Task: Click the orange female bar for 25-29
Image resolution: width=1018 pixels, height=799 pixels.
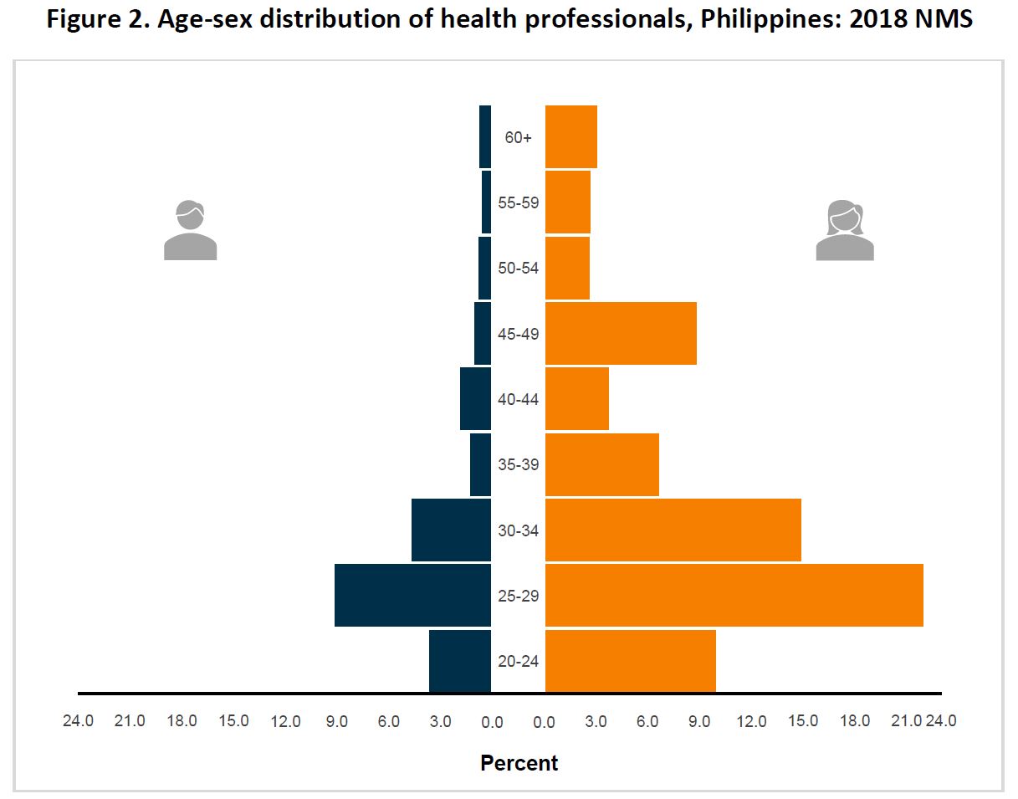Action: pyautogui.click(x=734, y=595)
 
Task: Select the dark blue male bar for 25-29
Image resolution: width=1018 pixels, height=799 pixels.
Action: pyautogui.click(x=412, y=595)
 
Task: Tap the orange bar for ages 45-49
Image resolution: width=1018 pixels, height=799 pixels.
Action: pyautogui.click(x=621, y=333)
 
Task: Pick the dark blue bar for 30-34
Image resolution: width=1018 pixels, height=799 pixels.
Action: pyautogui.click(x=451, y=530)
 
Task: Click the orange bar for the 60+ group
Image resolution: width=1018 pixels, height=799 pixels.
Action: pyautogui.click(x=570, y=136)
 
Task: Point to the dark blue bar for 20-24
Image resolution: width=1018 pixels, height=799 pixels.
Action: pyautogui.click(x=459, y=661)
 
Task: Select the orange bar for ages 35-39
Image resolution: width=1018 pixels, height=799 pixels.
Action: pyautogui.click(x=601, y=464)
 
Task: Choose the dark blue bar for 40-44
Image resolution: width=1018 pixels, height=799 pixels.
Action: pyautogui.click(x=475, y=399)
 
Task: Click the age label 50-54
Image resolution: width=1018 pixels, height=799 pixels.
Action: pyautogui.click(x=518, y=269)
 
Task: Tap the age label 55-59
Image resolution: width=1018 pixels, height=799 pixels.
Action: pyautogui.click(x=518, y=202)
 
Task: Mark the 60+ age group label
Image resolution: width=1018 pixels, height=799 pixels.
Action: pyautogui.click(x=518, y=137)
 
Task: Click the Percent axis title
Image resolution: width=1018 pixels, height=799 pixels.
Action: pyautogui.click(x=519, y=763)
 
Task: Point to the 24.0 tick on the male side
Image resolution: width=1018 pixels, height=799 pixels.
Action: pyautogui.click(x=79, y=720)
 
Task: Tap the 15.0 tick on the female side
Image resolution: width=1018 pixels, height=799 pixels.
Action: pyautogui.click(x=803, y=720)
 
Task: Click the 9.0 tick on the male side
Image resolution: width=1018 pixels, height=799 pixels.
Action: pyautogui.click(x=337, y=721)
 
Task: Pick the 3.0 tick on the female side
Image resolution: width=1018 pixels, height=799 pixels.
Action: pyautogui.click(x=596, y=721)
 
